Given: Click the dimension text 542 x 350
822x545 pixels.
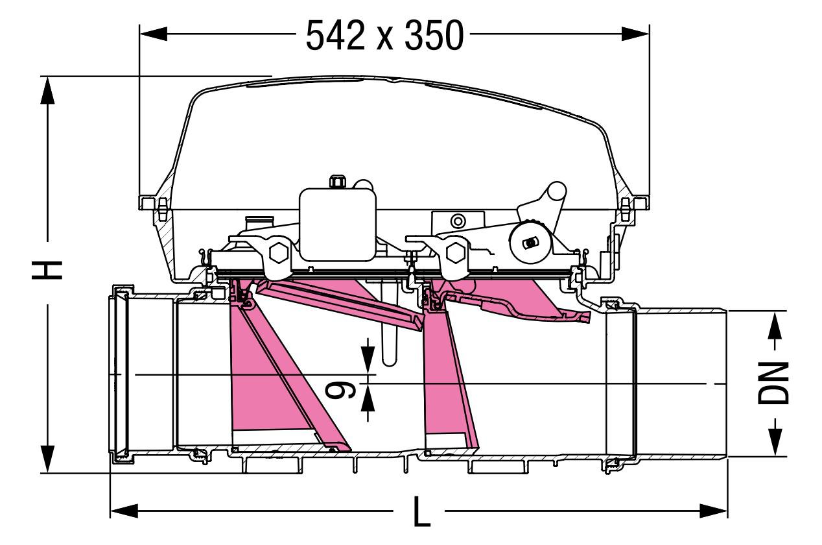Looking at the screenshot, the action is (385, 35).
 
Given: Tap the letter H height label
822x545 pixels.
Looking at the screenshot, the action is (47, 270).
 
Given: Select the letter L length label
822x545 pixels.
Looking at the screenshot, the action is (422, 511).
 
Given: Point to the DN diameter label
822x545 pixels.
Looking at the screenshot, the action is (774, 383).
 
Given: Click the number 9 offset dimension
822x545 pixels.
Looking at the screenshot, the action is (340, 390).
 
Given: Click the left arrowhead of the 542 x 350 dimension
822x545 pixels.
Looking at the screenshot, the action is (154, 34).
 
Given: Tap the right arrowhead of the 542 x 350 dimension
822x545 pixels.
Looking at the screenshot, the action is (635, 34).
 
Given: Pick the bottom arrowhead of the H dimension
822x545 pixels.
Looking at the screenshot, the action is (47, 459).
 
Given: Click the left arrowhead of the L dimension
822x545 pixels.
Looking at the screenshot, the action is (124, 511).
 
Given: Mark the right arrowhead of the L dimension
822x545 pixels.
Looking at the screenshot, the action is (714, 511).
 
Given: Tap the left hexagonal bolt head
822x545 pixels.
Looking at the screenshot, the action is (279, 253).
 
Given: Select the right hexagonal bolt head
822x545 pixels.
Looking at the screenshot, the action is (456, 253).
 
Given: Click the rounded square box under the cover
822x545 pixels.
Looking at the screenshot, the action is (338, 224).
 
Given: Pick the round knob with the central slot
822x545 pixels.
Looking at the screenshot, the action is (530, 242).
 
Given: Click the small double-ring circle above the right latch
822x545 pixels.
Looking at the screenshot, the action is (458, 221).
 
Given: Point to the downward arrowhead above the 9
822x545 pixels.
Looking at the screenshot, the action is (368, 360).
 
